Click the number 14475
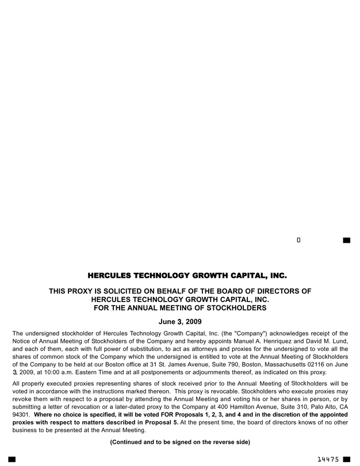click(x=328, y=459)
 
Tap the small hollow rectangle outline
click(x=298, y=239)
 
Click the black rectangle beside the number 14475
click(x=346, y=459)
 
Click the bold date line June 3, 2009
click(x=180, y=322)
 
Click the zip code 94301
click(x=21, y=414)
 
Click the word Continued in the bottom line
click(x=128, y=442)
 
